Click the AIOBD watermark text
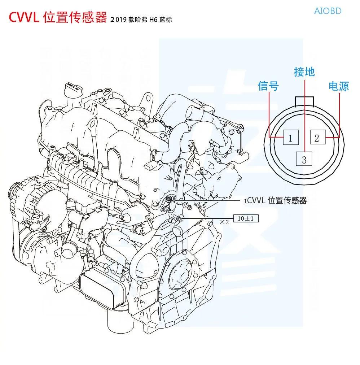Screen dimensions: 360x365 [328, 11]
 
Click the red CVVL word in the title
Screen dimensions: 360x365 [24, 17]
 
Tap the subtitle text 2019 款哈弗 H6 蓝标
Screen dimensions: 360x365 [141, 19]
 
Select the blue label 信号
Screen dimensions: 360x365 [268, 86]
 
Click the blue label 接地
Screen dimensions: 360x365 [304, 72]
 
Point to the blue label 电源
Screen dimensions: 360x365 [339, 86]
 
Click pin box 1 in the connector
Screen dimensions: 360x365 [291, 137]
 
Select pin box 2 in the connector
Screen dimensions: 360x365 [318, 137]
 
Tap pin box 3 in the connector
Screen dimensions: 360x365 [304, 158]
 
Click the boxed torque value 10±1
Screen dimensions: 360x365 [246, 218]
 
